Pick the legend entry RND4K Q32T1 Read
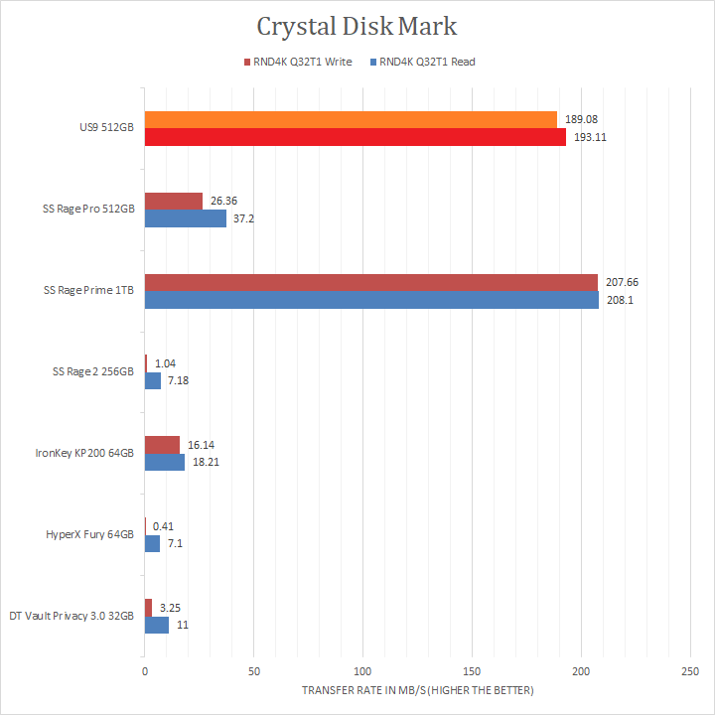coord(426,62)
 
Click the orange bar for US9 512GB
coord(351,120)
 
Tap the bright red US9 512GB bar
coord(356,137)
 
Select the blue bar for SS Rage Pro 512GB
coord(186,218)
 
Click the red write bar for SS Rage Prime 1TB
coord(371,283)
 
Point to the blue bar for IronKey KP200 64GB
coord(165,463)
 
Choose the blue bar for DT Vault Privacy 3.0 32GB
coord(157,626)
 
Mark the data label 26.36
coord(224,202)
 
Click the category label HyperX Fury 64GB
coord(90,535)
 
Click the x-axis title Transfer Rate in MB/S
coord(417,690)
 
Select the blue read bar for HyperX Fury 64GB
coord(153,544)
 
